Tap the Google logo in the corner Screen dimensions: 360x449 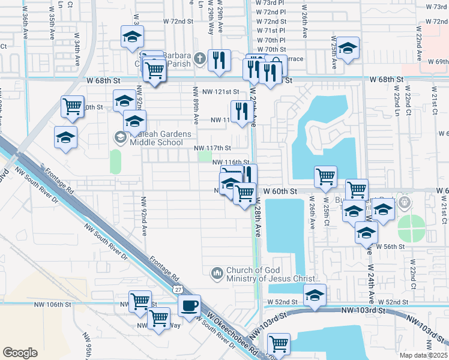pos(20,352)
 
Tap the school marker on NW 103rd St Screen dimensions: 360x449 pos(315,295)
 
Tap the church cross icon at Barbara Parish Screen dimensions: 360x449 pos(200,59)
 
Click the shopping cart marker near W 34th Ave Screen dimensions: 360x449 pos(73,106)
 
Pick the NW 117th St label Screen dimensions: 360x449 pos(212,148)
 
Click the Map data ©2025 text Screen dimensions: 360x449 pos(423,355)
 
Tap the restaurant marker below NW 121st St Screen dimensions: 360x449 pos(240,112)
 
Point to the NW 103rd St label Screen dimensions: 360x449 pos(363,310)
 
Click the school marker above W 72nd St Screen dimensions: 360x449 pos(131,37)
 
